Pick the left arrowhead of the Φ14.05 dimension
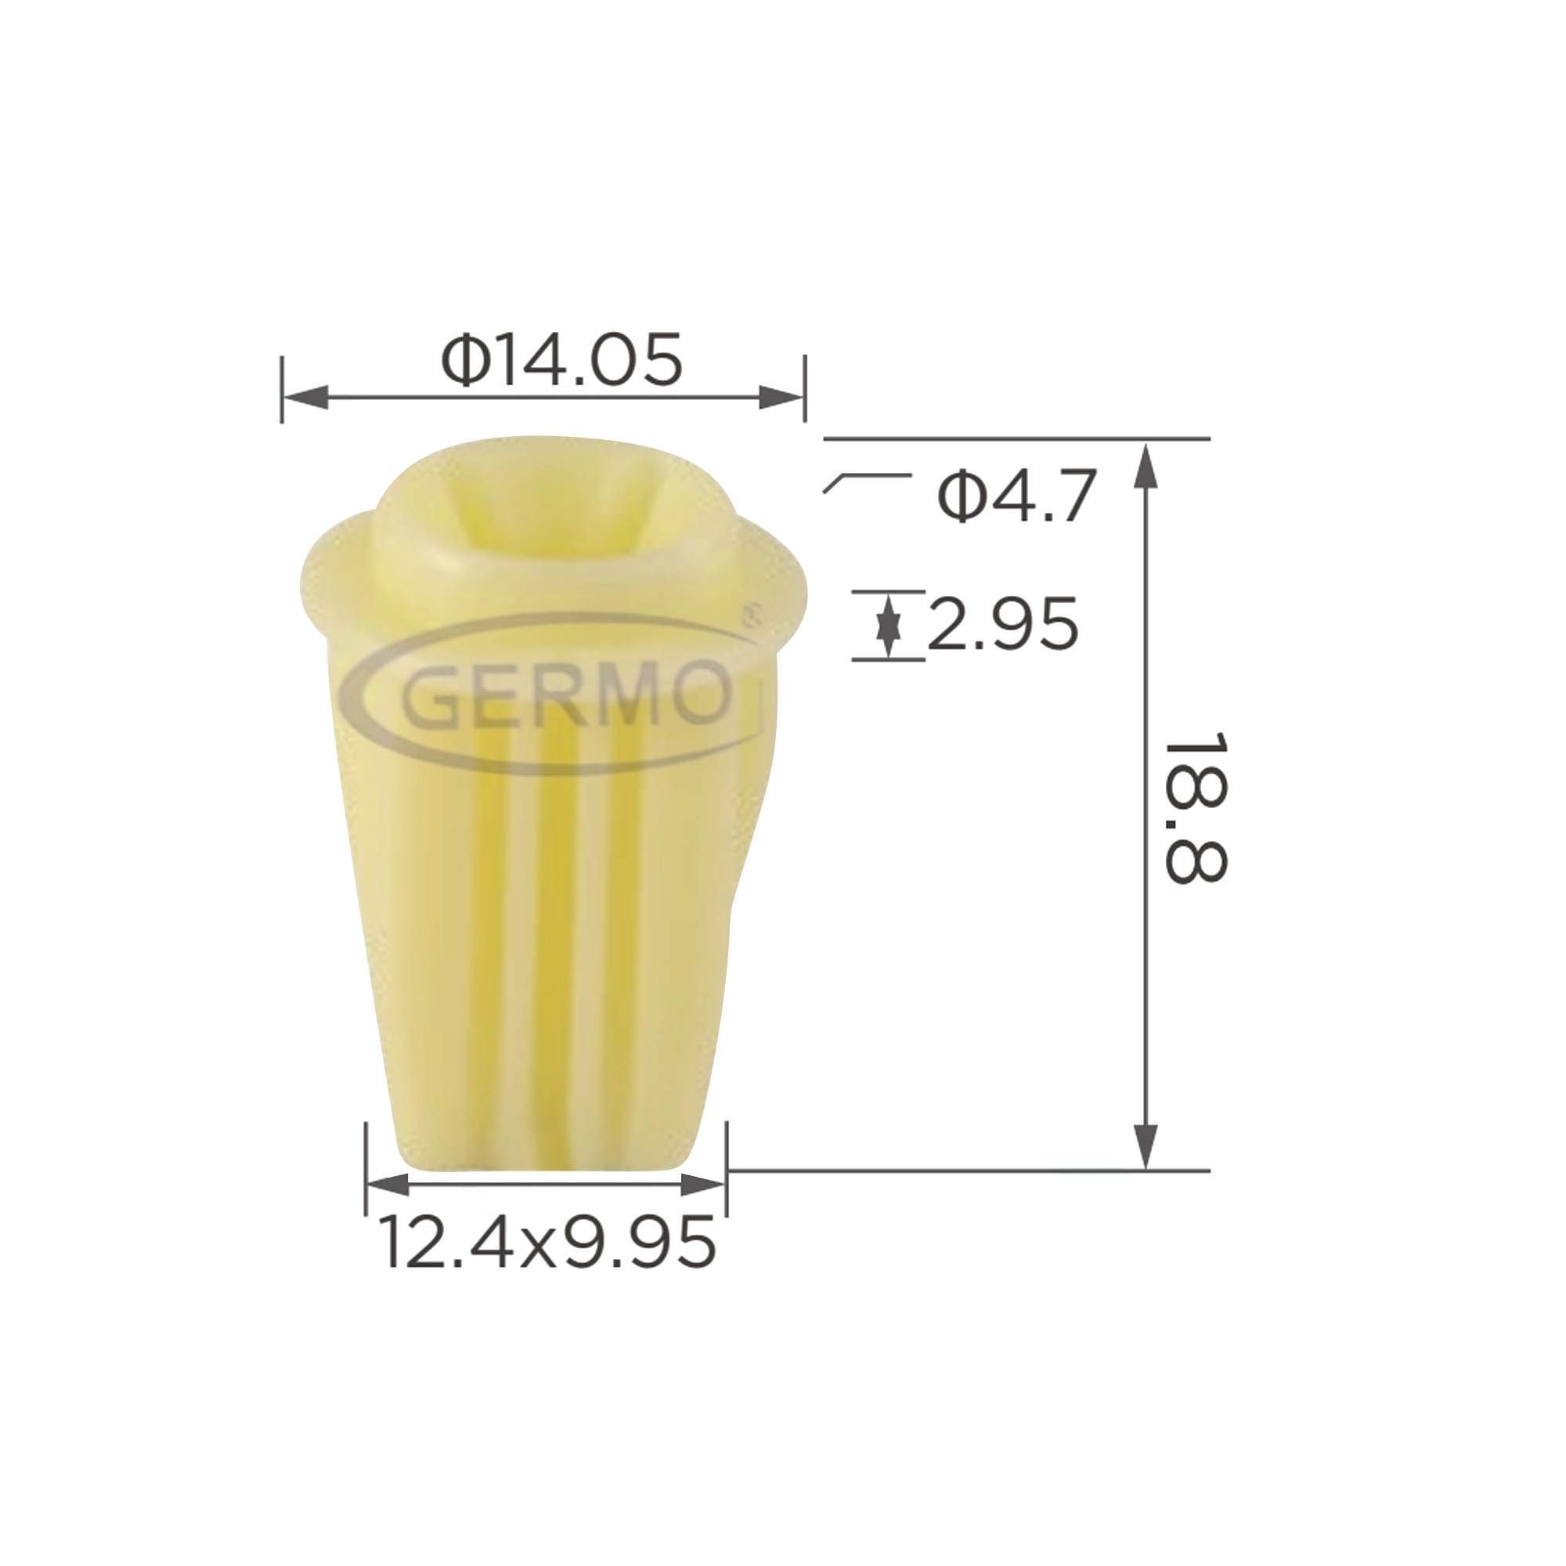(305, 397)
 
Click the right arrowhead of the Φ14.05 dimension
(781, 397)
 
